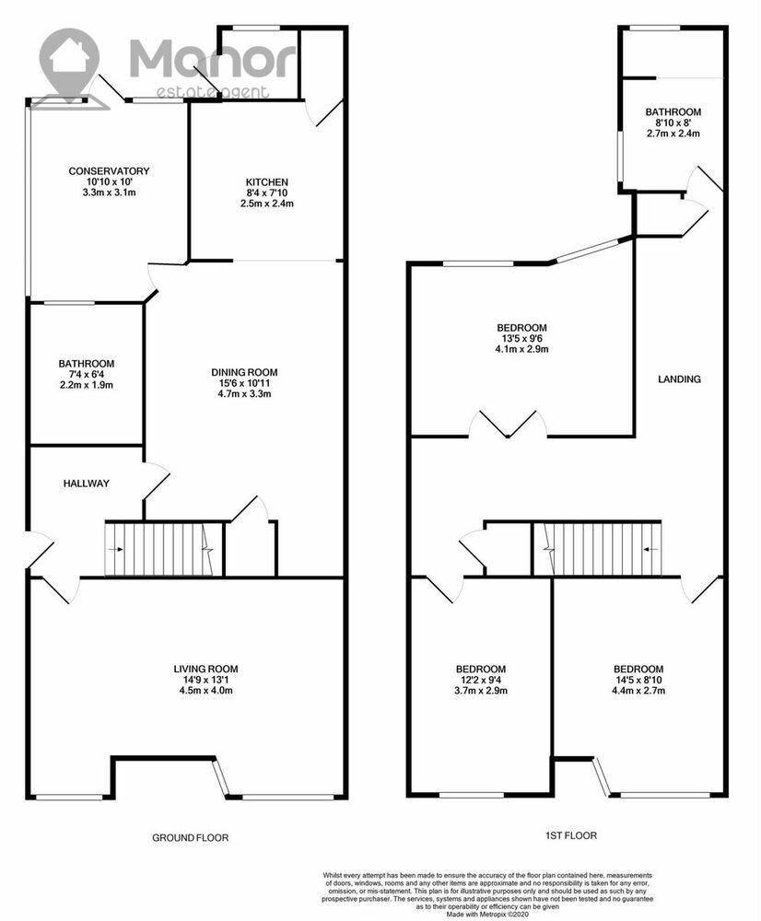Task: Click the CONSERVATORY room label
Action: coord(109,171)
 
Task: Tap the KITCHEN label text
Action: coord(267,182)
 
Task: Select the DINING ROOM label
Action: coord(244,372)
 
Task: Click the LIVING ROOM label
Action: coord(205,669)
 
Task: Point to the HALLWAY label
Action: coord(87,484)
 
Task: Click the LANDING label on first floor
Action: coord(679,379)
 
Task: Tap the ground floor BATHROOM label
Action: coord(87,364)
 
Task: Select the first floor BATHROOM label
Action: coord(673,111)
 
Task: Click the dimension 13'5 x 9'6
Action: coord(521,338)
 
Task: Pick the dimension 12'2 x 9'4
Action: coord(481,680)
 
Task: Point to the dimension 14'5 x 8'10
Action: coord(638,680)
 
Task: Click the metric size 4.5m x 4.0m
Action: coord(205,690)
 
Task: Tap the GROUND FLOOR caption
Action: coord(191,837)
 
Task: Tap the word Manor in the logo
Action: coord(213,59)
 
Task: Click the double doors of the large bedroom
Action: coord(509,424)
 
